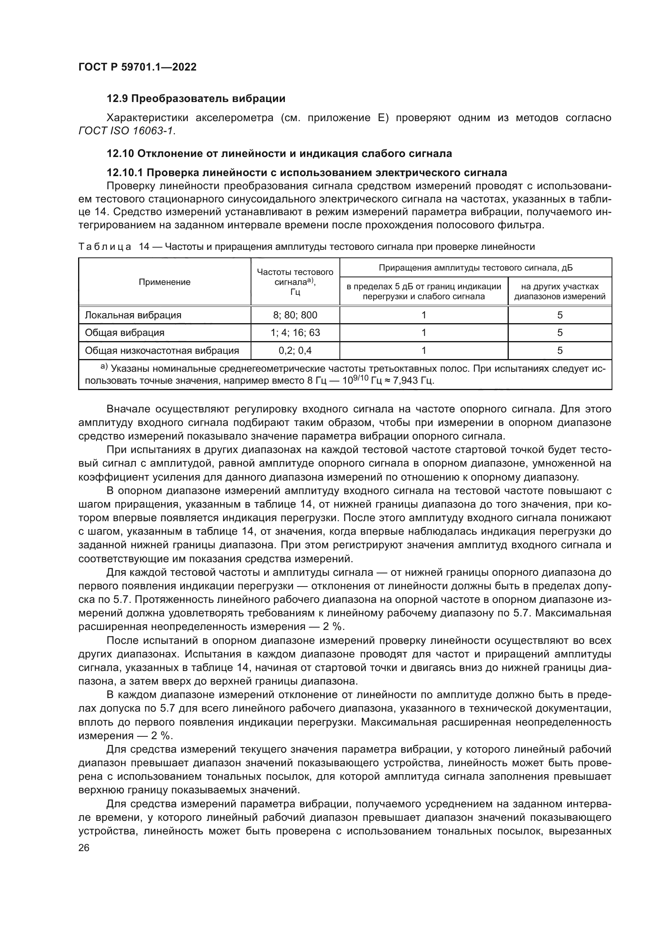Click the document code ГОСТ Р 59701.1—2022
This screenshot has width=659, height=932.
137,67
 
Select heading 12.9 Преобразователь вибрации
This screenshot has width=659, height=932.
196,99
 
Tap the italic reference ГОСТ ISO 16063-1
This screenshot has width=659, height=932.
127,131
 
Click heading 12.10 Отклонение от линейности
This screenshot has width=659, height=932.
279,153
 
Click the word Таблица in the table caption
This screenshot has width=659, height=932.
105,247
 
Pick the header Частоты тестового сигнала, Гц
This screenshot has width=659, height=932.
295,282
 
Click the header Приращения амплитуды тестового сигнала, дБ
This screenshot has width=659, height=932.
476,268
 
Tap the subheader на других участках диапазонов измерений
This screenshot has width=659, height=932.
559,291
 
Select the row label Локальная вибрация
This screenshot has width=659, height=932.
133,315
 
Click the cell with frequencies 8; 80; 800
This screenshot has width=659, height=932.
295,315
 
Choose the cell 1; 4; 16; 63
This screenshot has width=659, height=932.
295,333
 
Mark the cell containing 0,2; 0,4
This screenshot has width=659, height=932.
295,351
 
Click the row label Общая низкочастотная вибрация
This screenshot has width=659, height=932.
161,351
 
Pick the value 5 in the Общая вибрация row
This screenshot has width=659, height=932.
559,333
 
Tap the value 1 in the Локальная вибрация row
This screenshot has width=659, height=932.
424,315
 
